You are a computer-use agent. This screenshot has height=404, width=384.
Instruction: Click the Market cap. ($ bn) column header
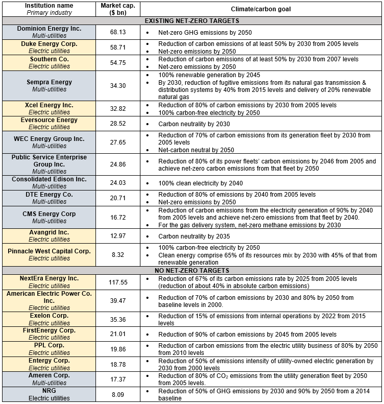(118, 9)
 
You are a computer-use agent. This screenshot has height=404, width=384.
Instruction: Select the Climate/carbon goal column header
(261, 9)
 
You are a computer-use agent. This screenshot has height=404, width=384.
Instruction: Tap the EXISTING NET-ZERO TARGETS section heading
(192, 21)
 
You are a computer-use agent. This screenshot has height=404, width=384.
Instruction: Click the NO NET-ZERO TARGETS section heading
(192, 270)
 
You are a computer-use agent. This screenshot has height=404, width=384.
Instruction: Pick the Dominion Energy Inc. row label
(49, 29)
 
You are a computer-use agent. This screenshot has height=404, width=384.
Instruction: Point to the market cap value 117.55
(118, 282)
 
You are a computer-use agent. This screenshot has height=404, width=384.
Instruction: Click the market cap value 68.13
(118, 32)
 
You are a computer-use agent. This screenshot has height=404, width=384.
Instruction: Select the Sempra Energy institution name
(49, 82)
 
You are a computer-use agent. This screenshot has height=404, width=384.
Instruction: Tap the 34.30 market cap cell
(118, 85)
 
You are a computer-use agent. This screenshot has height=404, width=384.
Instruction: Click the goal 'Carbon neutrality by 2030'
(194, 124)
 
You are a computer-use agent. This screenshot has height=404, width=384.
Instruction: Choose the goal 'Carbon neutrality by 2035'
(194, 236)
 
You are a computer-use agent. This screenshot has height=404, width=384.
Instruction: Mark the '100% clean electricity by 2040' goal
(200, 183)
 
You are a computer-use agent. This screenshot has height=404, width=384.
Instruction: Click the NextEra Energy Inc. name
(49, 278)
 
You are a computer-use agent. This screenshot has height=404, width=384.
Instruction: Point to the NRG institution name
(49, 391)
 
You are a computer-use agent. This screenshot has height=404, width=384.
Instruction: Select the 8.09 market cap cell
(118, 395)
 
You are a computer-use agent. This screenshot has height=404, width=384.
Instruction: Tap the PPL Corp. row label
(49, 345)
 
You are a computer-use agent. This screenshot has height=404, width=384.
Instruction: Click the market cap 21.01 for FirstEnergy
(118, 334)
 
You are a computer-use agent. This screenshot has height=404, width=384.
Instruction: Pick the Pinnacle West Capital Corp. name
(49, 251)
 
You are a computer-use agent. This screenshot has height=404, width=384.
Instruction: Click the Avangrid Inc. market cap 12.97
(118, 236)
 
